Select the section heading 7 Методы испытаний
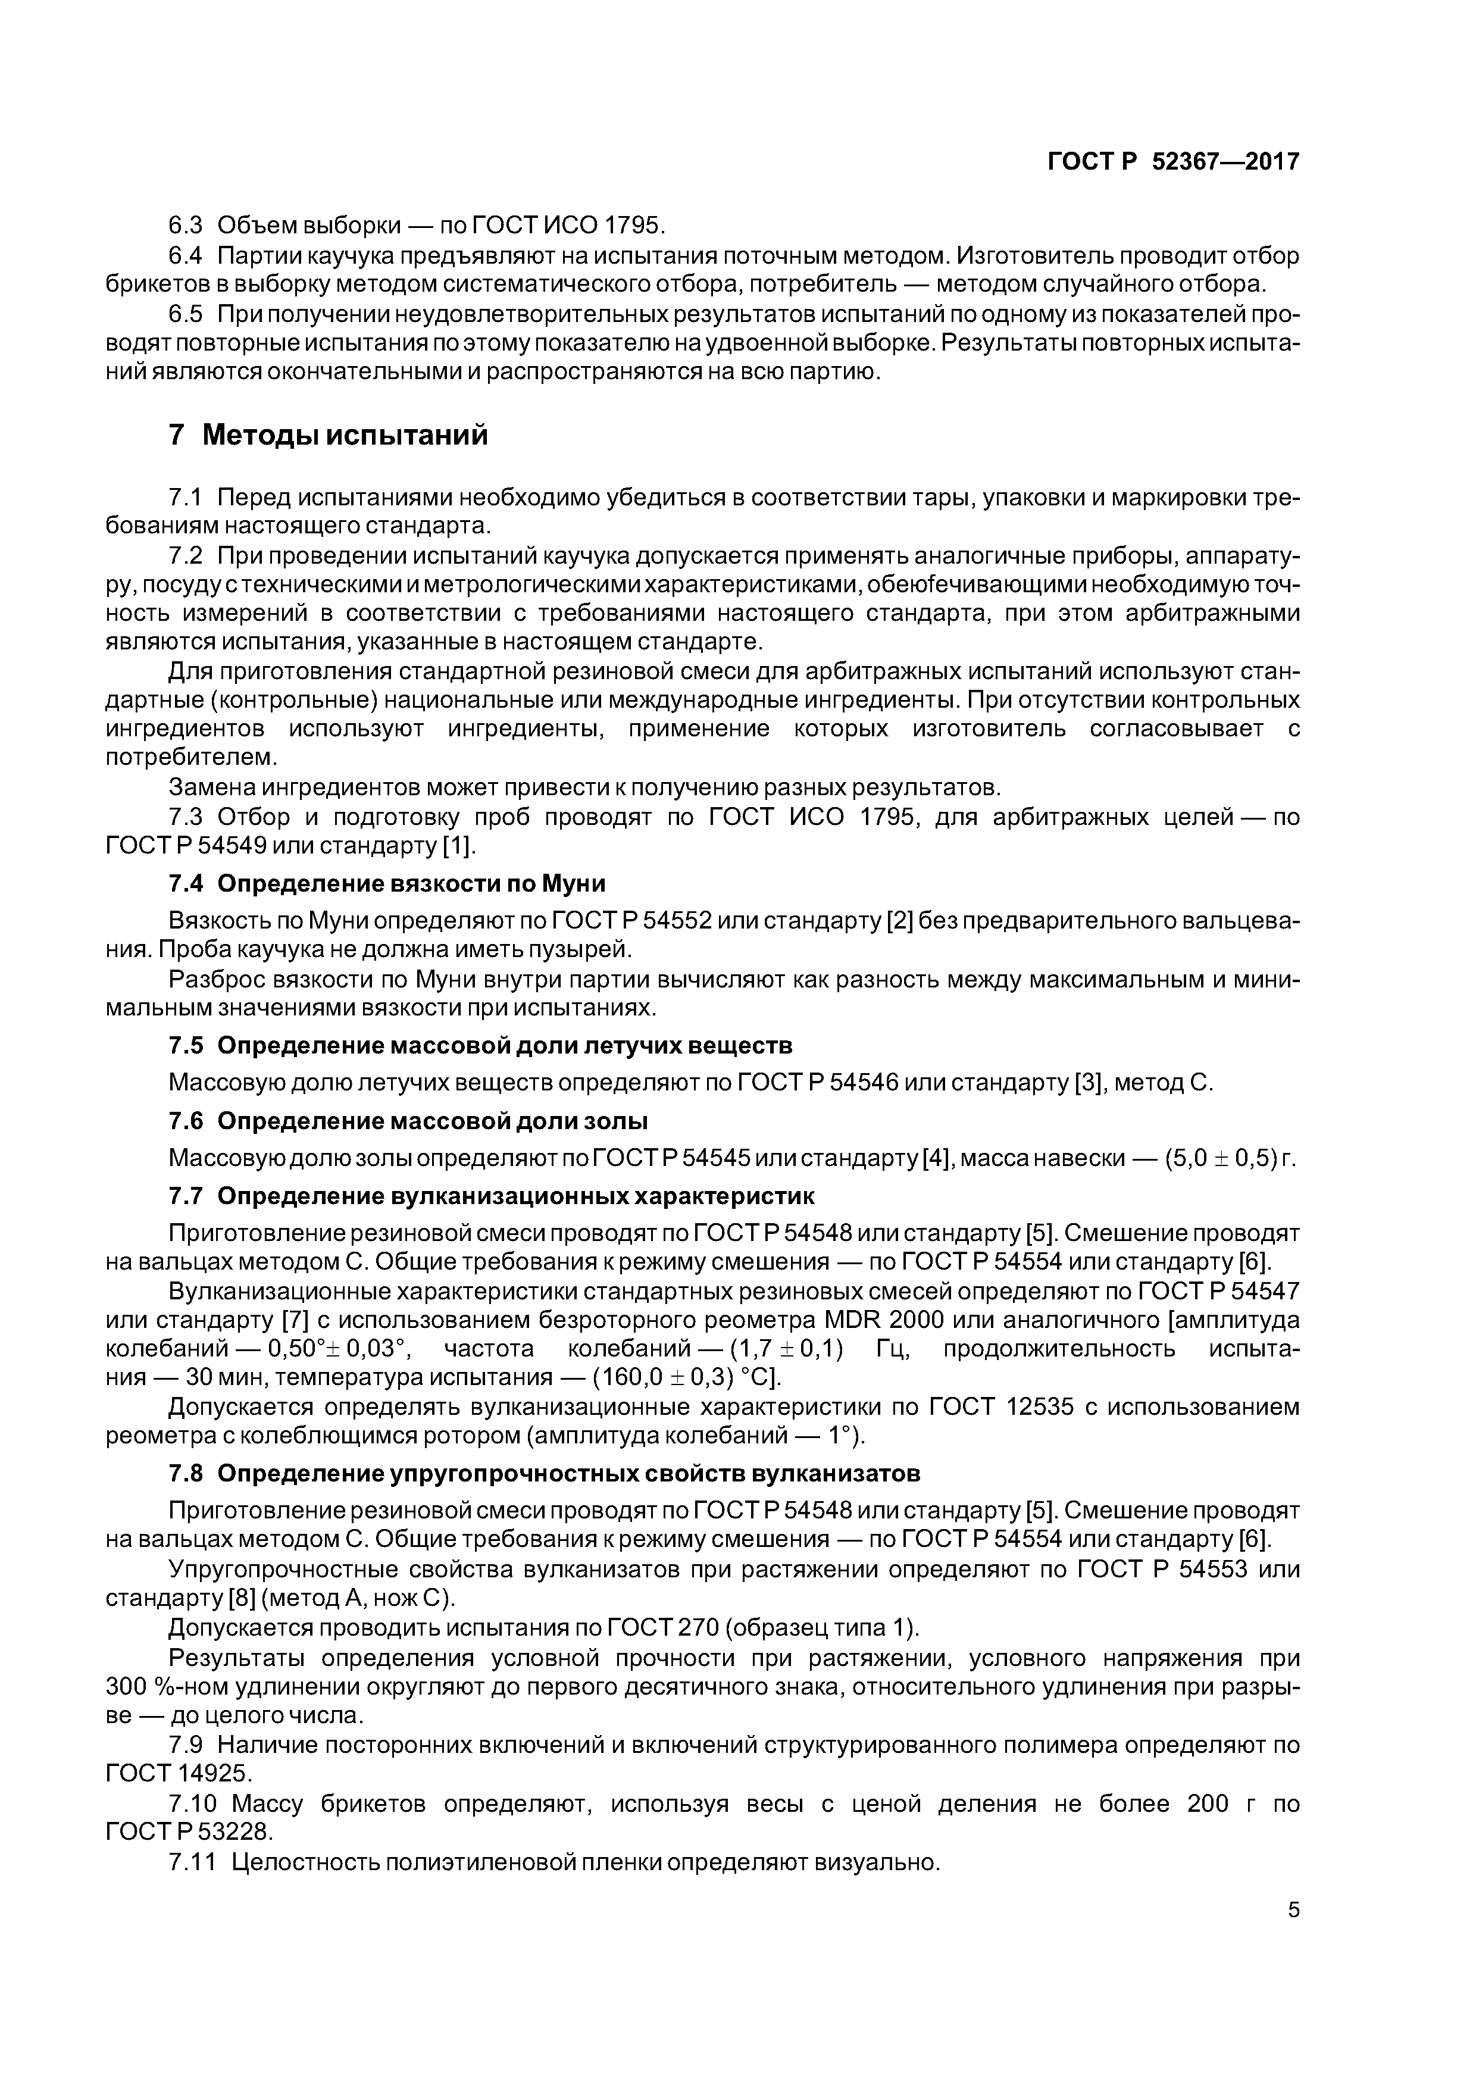point(329,436)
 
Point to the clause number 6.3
point(186,224)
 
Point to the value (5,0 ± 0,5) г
point(1228,1159)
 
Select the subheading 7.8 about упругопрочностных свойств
point(544,1473)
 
